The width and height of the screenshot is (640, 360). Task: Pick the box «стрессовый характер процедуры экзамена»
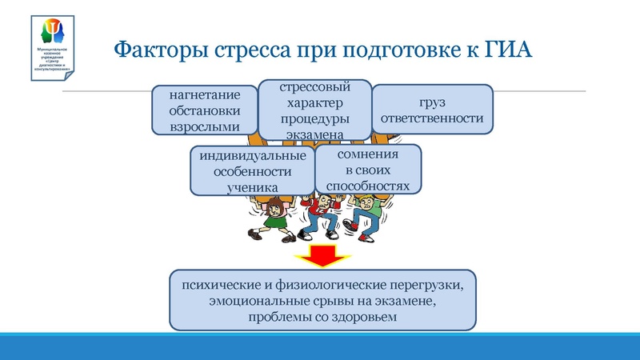click(x=314, y=110)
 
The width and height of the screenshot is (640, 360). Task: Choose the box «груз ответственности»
click(x=433, y=109)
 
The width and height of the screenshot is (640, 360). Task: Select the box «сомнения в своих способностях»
click(x=368, y=169)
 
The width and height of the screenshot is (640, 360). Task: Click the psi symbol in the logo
click(x=54, y=31)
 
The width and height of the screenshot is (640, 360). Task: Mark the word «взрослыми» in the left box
click(x=204, y=126)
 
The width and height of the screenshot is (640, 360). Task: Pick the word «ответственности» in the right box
click(x=433, y=118)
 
